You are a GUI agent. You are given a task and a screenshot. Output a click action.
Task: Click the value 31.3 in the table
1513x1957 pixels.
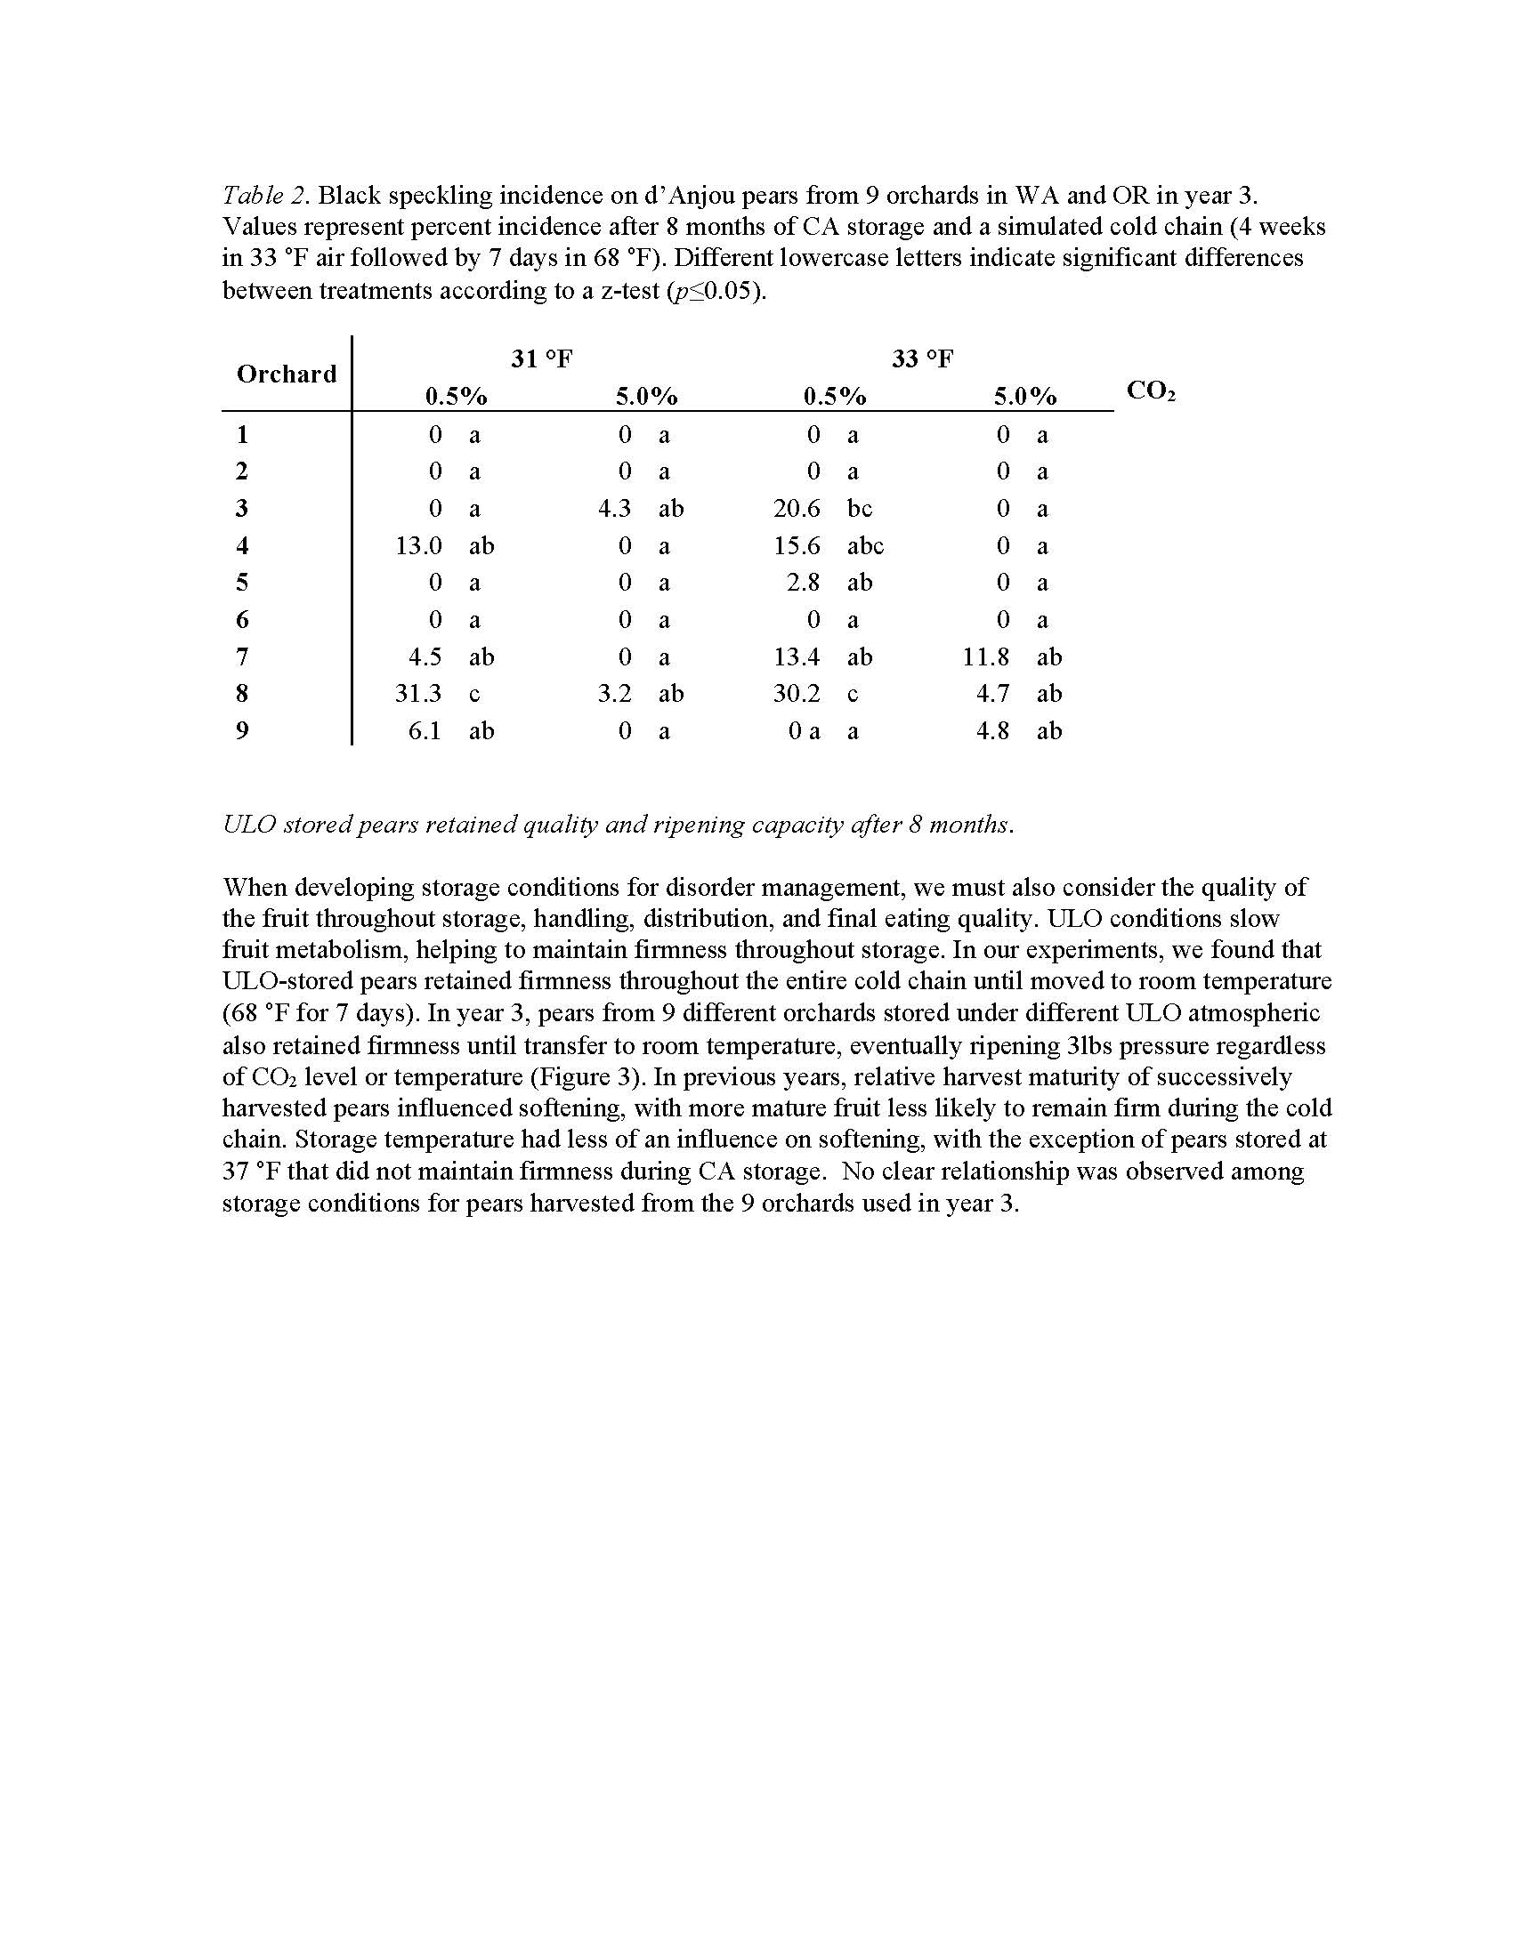coord(418,694)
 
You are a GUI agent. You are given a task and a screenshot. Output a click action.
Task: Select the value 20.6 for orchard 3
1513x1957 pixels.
coord(797,509)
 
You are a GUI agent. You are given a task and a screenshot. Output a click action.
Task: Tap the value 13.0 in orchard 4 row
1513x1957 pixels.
coord(418,545)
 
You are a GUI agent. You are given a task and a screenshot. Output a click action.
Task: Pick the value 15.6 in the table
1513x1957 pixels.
coord(797,545)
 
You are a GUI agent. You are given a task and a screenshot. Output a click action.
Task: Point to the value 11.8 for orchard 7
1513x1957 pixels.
coord(986,656)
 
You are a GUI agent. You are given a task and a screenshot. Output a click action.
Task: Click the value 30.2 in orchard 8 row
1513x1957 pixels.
coord(797,694)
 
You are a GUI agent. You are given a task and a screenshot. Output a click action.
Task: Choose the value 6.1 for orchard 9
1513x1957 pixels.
coord(425,731)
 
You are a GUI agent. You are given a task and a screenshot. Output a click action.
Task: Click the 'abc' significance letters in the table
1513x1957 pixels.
coord(865,545)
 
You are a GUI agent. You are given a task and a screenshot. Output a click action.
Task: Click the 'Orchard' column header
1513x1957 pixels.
coord(286,374)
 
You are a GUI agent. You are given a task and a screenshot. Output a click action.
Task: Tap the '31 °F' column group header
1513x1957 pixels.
coord(541,359)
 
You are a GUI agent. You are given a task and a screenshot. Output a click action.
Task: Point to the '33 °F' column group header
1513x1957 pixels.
coord(922,359)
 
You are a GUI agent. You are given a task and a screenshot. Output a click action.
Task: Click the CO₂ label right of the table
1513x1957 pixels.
coord(1150,391)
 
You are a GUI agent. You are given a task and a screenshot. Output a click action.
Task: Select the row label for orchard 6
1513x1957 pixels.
coord(242,619)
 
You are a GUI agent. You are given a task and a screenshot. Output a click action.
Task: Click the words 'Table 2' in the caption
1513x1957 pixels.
coord(265,196)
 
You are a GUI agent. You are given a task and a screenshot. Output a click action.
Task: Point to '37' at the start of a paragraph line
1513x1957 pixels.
coord(237,1172)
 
